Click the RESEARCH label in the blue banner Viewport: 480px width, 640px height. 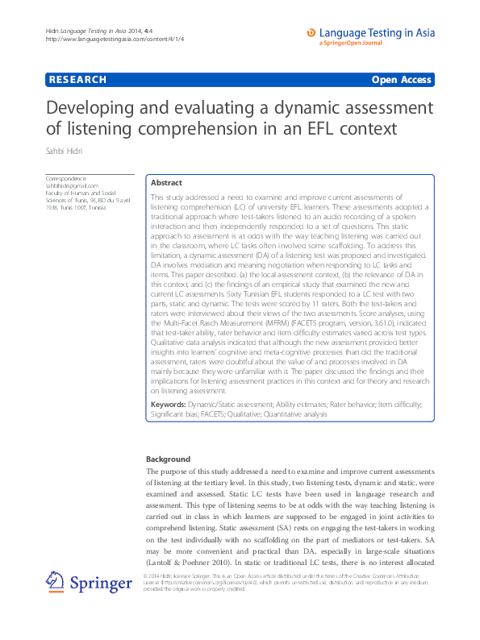(x=77, y=80)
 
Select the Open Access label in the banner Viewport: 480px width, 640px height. (x=402, y=80)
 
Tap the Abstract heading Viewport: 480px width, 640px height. (x=166, y=183)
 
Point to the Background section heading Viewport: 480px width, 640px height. (x=168, y=459)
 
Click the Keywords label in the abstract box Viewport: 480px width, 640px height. (x=169, y=403)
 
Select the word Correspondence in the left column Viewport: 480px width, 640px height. (x=66, y=178)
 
